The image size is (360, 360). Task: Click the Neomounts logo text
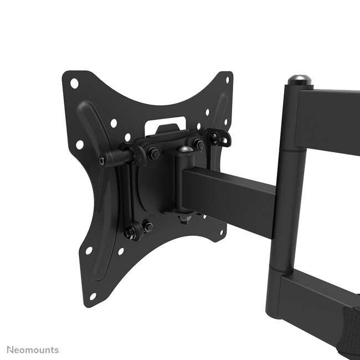33,350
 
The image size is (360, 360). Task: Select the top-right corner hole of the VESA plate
226,81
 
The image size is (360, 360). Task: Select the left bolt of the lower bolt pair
131,232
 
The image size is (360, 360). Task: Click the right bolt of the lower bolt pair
148,225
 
